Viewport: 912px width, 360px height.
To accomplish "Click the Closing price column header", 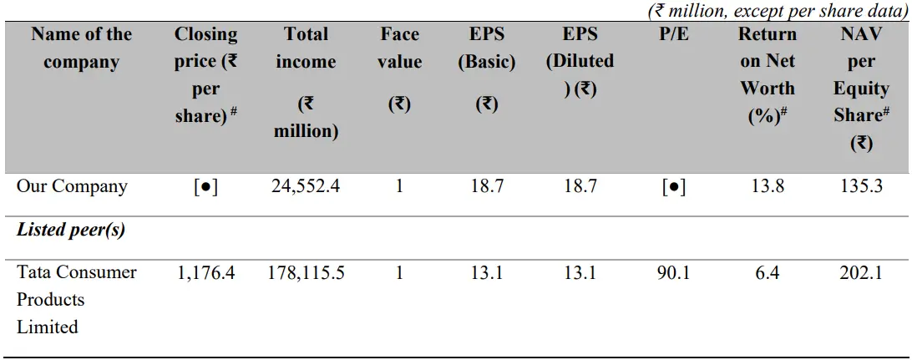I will pyautogui.click(x=205, y=75).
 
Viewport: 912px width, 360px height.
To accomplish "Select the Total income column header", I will pyautogui.click(x=306, y=82).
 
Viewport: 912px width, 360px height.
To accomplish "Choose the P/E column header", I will pyautogui.click(x=674, y=34).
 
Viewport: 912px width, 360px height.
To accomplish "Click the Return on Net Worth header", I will pyautogui.click(x=768, y=75).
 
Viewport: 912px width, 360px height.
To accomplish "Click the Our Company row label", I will pyautogui.click(x=72, y=185).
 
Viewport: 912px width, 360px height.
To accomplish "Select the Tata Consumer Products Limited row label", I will pyautogui.click(x=76, y=299).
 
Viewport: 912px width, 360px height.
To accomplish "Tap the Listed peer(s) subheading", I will pyautogui.click(x=71, y=230).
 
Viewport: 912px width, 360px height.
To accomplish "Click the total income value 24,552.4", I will pyautogui.click(x=306, y=185).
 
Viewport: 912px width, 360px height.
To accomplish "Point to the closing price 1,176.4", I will pyautogui.click(x=205, y=272).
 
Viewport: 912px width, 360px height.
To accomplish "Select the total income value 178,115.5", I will pyautogui.click(x=306, y=272).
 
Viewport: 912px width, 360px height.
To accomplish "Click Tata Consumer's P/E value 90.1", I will pyautogui.click(x=673, y=272).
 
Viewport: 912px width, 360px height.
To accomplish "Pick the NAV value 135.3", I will pyautogui.click(x=861, y=185).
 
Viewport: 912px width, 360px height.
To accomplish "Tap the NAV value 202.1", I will pyautogui.click(x=861, y=272).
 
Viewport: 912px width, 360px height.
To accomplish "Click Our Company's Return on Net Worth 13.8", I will pyautogui.click(x=768, y=185).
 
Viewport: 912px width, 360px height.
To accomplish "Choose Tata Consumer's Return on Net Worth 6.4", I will pyautogui.click(x=768, y=272).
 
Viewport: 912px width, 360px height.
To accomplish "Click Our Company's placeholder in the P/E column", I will pyautogui.click(x=673, y=186).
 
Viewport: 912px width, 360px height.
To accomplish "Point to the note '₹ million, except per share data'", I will pyautogui.click(x=778, y=11).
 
